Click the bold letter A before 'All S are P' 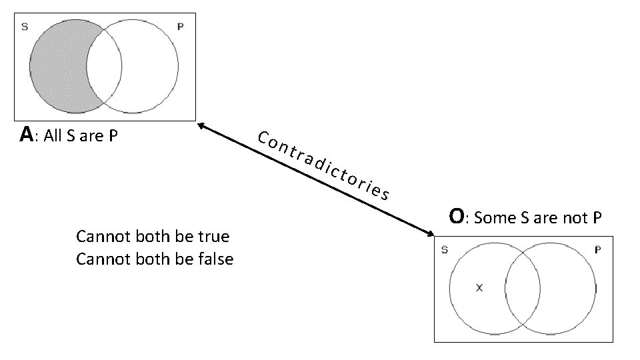pos(26,135)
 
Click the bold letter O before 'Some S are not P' pos(457,217)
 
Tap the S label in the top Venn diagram pos(25,27)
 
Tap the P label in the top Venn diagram pos(180,27)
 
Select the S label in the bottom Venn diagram pos(444,251)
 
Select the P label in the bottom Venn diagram pos(597,251)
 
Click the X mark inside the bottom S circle pos(478,288)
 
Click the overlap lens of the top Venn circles pos(104,67)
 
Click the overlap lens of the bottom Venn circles pos(522,289)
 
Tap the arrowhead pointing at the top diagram pos(201,124)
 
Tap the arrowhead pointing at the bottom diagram pos(429,233)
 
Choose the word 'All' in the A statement pos(53,137)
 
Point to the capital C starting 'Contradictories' pos(263,139)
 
